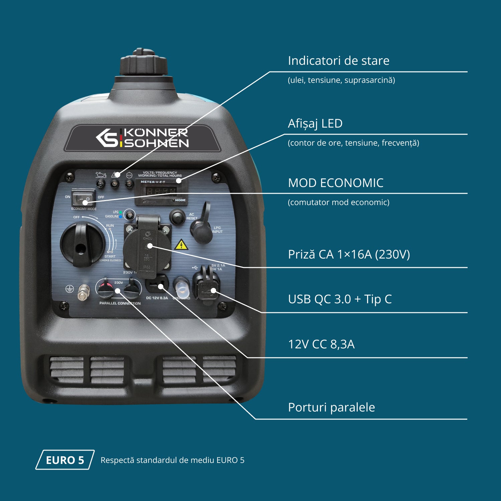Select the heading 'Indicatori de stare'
pyautogui.click(x=338, y=61)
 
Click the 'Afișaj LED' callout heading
pyautogui.click(x=315, y=124)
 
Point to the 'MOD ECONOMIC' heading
pyautogui.click(x=335, y=183)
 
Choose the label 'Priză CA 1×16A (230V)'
pyautogui.click(x=349, y=255)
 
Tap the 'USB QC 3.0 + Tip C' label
pyautogui.click(x=340, y=299)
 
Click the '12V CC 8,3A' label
pyautogui.click(x=321, y=344)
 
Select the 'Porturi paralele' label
pyautogui.click(x=331, y=407)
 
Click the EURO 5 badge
pyautogui.click(x=65, y=460)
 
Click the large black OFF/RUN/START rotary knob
pyautogui.click(x=82, y=244)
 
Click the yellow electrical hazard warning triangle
pyautogui.click(x=181, y=245)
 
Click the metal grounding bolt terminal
pyautogui.click(x=83, y=293)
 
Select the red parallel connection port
pyautogui.click(x=106, y=289)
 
